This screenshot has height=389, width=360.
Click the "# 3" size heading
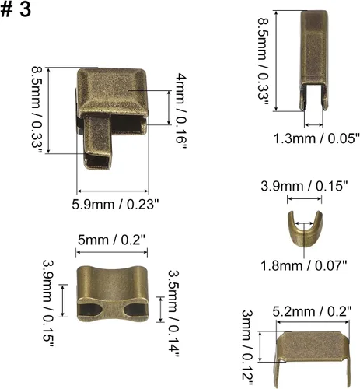pyautogui.click(x=16, y=10)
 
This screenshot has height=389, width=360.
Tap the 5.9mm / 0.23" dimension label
pyautogui.click(x=115, y=205)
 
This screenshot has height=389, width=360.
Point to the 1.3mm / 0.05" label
pyautogui.click(x=316, y=138)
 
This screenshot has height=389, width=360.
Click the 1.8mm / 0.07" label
pyautogui.click(x=303, y=265)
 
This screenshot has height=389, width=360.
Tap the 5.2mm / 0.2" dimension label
pyautogui.click(x=312, y=311)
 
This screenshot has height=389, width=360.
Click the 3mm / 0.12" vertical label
pyautogui.click(x=247, y=347)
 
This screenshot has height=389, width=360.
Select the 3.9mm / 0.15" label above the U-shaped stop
pyautogui.click(x=304, y=186)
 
